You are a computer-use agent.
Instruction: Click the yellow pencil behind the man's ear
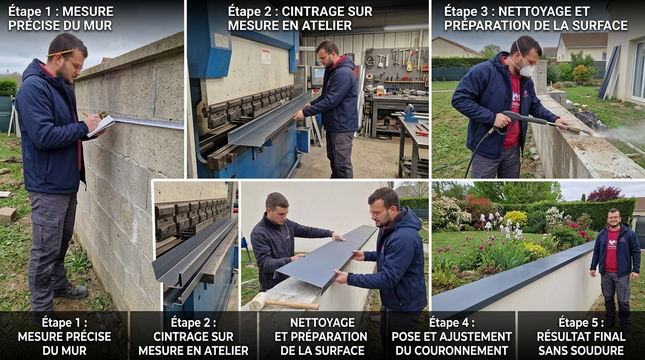point(60,52)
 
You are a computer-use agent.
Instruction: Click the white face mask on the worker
point(525,70)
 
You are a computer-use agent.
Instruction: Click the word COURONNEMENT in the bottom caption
point(451,350)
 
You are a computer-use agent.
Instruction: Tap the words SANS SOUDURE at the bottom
point(581,350)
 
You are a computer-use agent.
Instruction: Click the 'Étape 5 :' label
point(581,322)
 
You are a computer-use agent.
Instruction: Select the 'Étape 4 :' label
point(451,322)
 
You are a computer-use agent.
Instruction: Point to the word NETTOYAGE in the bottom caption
point(322,322)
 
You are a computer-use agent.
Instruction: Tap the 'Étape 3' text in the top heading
point(466,11)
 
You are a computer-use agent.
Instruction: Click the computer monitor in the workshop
point(318,75)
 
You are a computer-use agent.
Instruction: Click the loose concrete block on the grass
point(8,215)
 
